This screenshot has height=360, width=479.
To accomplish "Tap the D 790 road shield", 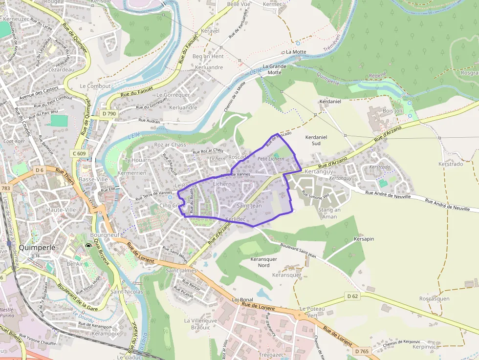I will click(109, 114).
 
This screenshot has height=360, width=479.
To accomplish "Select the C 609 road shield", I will click(79, 153).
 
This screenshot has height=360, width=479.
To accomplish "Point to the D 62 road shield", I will click(352, 296).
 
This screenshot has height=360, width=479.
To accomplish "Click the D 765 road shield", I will click(362, 351).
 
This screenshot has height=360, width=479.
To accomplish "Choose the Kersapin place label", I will click(364, 239).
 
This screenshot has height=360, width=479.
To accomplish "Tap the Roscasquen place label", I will click(434, 298).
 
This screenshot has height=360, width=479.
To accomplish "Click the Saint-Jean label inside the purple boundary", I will click(249, 206).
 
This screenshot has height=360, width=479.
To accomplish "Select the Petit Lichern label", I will click(270, 159).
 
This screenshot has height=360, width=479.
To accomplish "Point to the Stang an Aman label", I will click(329, 213).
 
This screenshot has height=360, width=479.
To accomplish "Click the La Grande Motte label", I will click(274, 69).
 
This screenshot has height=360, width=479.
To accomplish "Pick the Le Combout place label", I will click(95, 86).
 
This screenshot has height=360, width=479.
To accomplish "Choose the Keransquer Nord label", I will click(263, 262).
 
